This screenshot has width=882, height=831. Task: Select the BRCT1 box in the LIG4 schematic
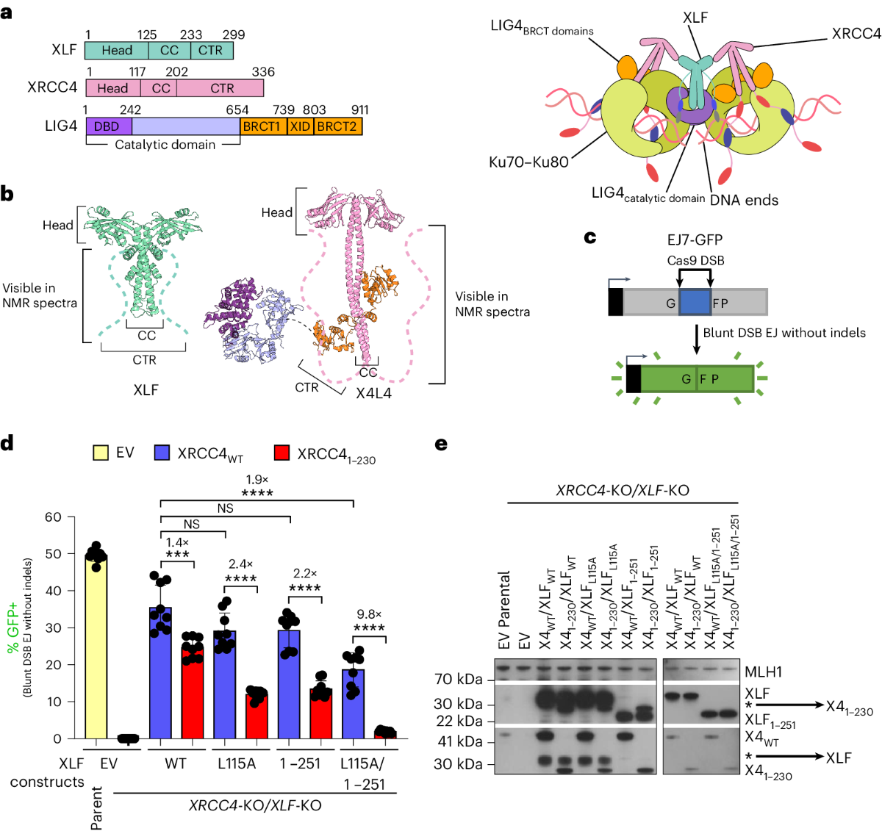pyautogui.click(x=262, y=126)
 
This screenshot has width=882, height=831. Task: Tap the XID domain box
pyautogui.click(x=300, y=126)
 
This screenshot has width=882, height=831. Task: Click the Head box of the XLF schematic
pyautogui.click(x=117, y=51)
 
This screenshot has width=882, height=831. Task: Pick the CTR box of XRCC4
pyautogui.click(x=221, y=88)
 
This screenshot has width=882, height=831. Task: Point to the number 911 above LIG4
pyautogui.click(x=359, y=110)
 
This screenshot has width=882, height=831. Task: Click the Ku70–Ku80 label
pyautogui.click(x=528, y=162)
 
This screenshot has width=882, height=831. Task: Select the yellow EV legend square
pyautogui.click(x=100, y=453)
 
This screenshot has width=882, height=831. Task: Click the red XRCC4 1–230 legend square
pyautogui.click(x=282, y=453)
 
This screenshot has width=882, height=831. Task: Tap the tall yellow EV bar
pyautogui.click(x=96, y=647)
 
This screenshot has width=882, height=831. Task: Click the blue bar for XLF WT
pyautogui.click(x=160, y=672)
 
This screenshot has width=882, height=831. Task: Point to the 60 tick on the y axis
pyautogui.click(x=53, y=517)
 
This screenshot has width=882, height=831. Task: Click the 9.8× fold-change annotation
pyautogui.click(x=369, y=614)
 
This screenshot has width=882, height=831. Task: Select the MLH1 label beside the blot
pyautogui.click(x=763, y=671)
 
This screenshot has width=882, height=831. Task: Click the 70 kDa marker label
pyautogui.click(x=458, y=679)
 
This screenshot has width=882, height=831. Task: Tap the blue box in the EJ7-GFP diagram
pyautogui.click(x=695, y=303)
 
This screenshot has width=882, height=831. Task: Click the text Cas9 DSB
pyautogui.click(x=695, y=260)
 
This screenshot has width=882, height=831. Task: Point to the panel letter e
pyautogui.click(x=441, y=444)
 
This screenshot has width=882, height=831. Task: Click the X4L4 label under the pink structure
pyautogui.click(x=373, y=393)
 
